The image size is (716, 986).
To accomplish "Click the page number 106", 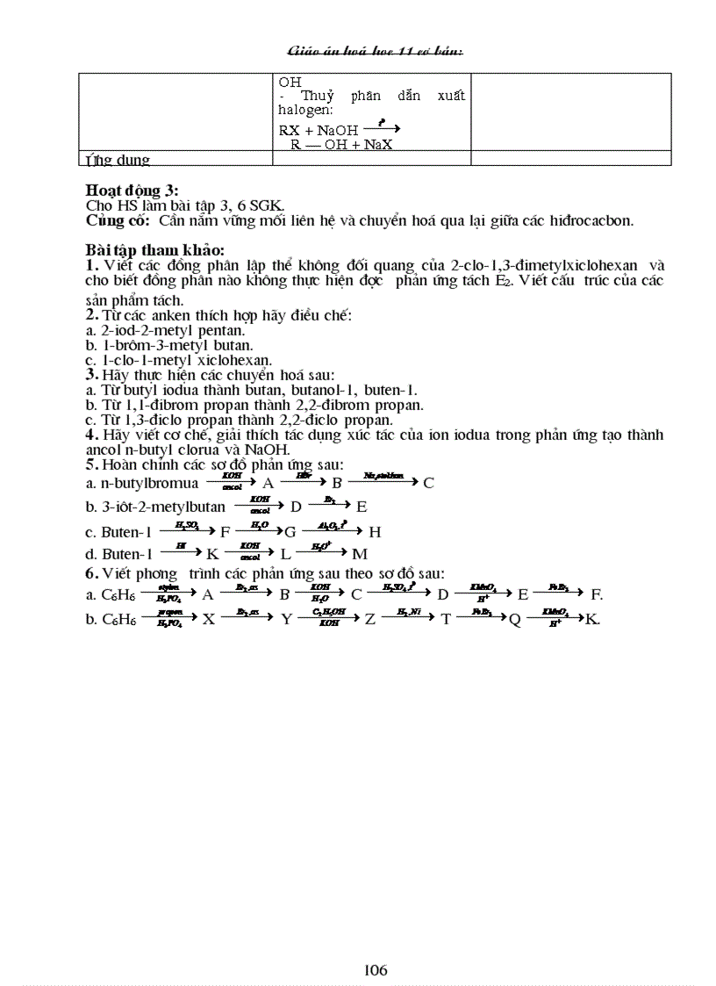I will [376, 970].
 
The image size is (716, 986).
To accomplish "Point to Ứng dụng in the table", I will [118, 160].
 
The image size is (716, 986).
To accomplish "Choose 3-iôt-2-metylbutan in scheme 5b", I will [156, 507].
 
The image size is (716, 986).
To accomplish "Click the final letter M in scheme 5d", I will [359, 554].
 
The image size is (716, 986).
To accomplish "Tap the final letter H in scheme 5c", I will [375, 531].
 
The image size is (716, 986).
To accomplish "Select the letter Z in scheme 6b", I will [370, 619].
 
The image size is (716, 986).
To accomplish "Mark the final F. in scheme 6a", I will [597, 594].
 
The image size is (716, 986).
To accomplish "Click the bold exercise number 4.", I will [90, 435].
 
